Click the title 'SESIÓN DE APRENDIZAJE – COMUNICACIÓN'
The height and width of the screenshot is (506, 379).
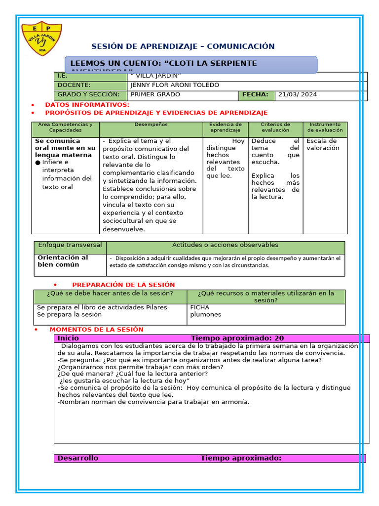pyautogui.click(x=183, y=46)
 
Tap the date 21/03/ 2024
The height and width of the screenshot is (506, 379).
pyautogui.click(x=298, y=94)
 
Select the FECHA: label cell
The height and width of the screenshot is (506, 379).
pyautogui.click(x=255, y=94)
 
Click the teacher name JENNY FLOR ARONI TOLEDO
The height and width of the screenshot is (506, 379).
pyautogui.click(x=175, y=85)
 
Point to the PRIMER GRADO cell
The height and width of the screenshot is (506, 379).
pyautogui.click(x=155, y=94)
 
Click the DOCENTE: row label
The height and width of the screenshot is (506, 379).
pyautogui.click(x=74, y=85)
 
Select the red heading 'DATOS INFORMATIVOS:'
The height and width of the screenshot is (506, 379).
pyautogui.click(x=87, y=105)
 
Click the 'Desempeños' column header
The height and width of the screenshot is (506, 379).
pyautogui.click(x=151, y=125)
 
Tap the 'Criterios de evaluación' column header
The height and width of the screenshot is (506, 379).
pyautogui.click(x=275, y=127)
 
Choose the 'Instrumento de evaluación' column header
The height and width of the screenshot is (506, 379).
pyautogui.click(x=325, y=127)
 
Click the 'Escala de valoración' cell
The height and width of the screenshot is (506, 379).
pyautogui.click(x=323, y=144)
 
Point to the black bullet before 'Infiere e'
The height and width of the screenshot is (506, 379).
pyautogui.click(x=38, y=163)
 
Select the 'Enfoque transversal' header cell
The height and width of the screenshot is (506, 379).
pyautogui.click(x=70, y=245)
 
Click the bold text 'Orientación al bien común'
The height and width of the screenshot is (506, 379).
pyautogui.click(x=63, y=261)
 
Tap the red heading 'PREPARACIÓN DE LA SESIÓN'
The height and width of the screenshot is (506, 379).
pyautogui.click(x=123, y=285)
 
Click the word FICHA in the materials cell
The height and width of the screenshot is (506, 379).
pyautogui.click(x=200, y=307)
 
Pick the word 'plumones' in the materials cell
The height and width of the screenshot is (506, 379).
pyautogui.click(x=206, y=315)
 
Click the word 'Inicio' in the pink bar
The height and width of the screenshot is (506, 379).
pyautogui.click(x=68, y=338)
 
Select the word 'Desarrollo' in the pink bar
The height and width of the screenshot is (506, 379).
pyautogui.click(x=78, y=458)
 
